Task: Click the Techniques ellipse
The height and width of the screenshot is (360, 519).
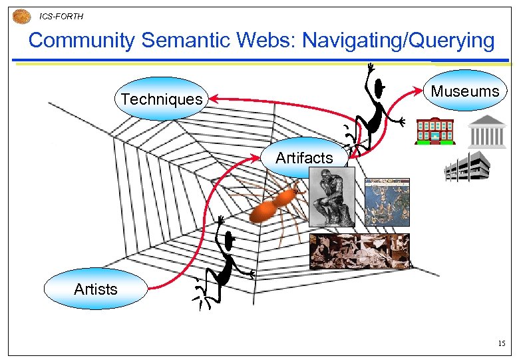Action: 162,99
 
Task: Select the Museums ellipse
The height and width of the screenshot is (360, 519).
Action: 465,91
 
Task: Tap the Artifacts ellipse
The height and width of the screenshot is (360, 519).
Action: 304,158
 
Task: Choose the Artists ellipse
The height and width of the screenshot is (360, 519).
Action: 96,289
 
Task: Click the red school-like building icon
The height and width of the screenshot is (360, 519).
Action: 434,131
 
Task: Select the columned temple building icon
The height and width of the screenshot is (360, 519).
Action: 487,131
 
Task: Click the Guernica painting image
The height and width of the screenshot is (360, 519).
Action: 359,251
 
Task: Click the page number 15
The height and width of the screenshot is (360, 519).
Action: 501,343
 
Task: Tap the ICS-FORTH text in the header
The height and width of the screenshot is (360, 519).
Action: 61,16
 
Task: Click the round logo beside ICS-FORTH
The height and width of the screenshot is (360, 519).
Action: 22,16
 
